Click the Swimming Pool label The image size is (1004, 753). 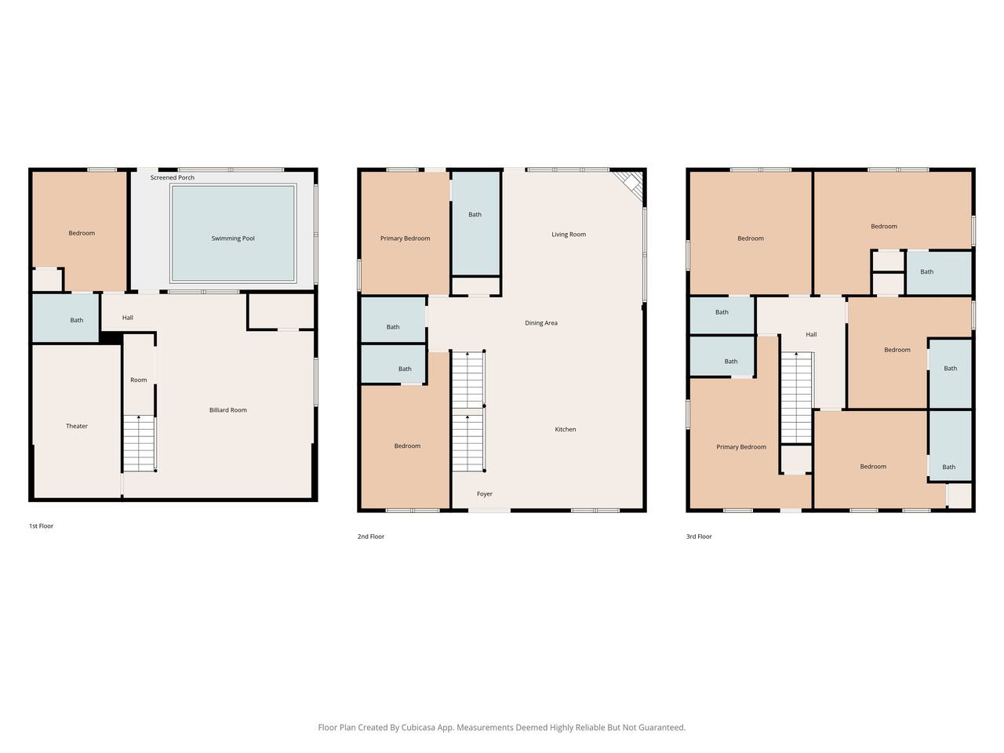pos(233,238)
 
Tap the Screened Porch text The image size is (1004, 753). pos(173,177)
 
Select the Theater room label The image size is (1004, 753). pos(76,426)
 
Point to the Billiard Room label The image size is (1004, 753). pos(227,410)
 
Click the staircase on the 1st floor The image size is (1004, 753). pos(140,443)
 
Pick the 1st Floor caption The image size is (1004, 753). pos(41,526)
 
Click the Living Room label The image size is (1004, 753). pos(569,235)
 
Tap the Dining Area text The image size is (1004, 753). pos(541,323)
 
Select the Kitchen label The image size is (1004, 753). pos(566,429)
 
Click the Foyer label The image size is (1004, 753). pos(485,494)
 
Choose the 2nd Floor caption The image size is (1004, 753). pos(370,537)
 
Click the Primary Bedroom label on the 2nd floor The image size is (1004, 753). pos(406,238)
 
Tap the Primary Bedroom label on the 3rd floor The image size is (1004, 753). pos(741,447)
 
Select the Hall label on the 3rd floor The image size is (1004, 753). pos(811,335)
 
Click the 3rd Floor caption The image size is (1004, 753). pos(699,537)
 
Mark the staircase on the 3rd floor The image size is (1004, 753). pos(796,398)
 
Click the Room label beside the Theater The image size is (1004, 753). pos(139,380)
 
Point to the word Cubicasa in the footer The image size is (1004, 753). pos(418,727)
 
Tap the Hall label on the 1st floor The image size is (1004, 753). pos(128,318)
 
